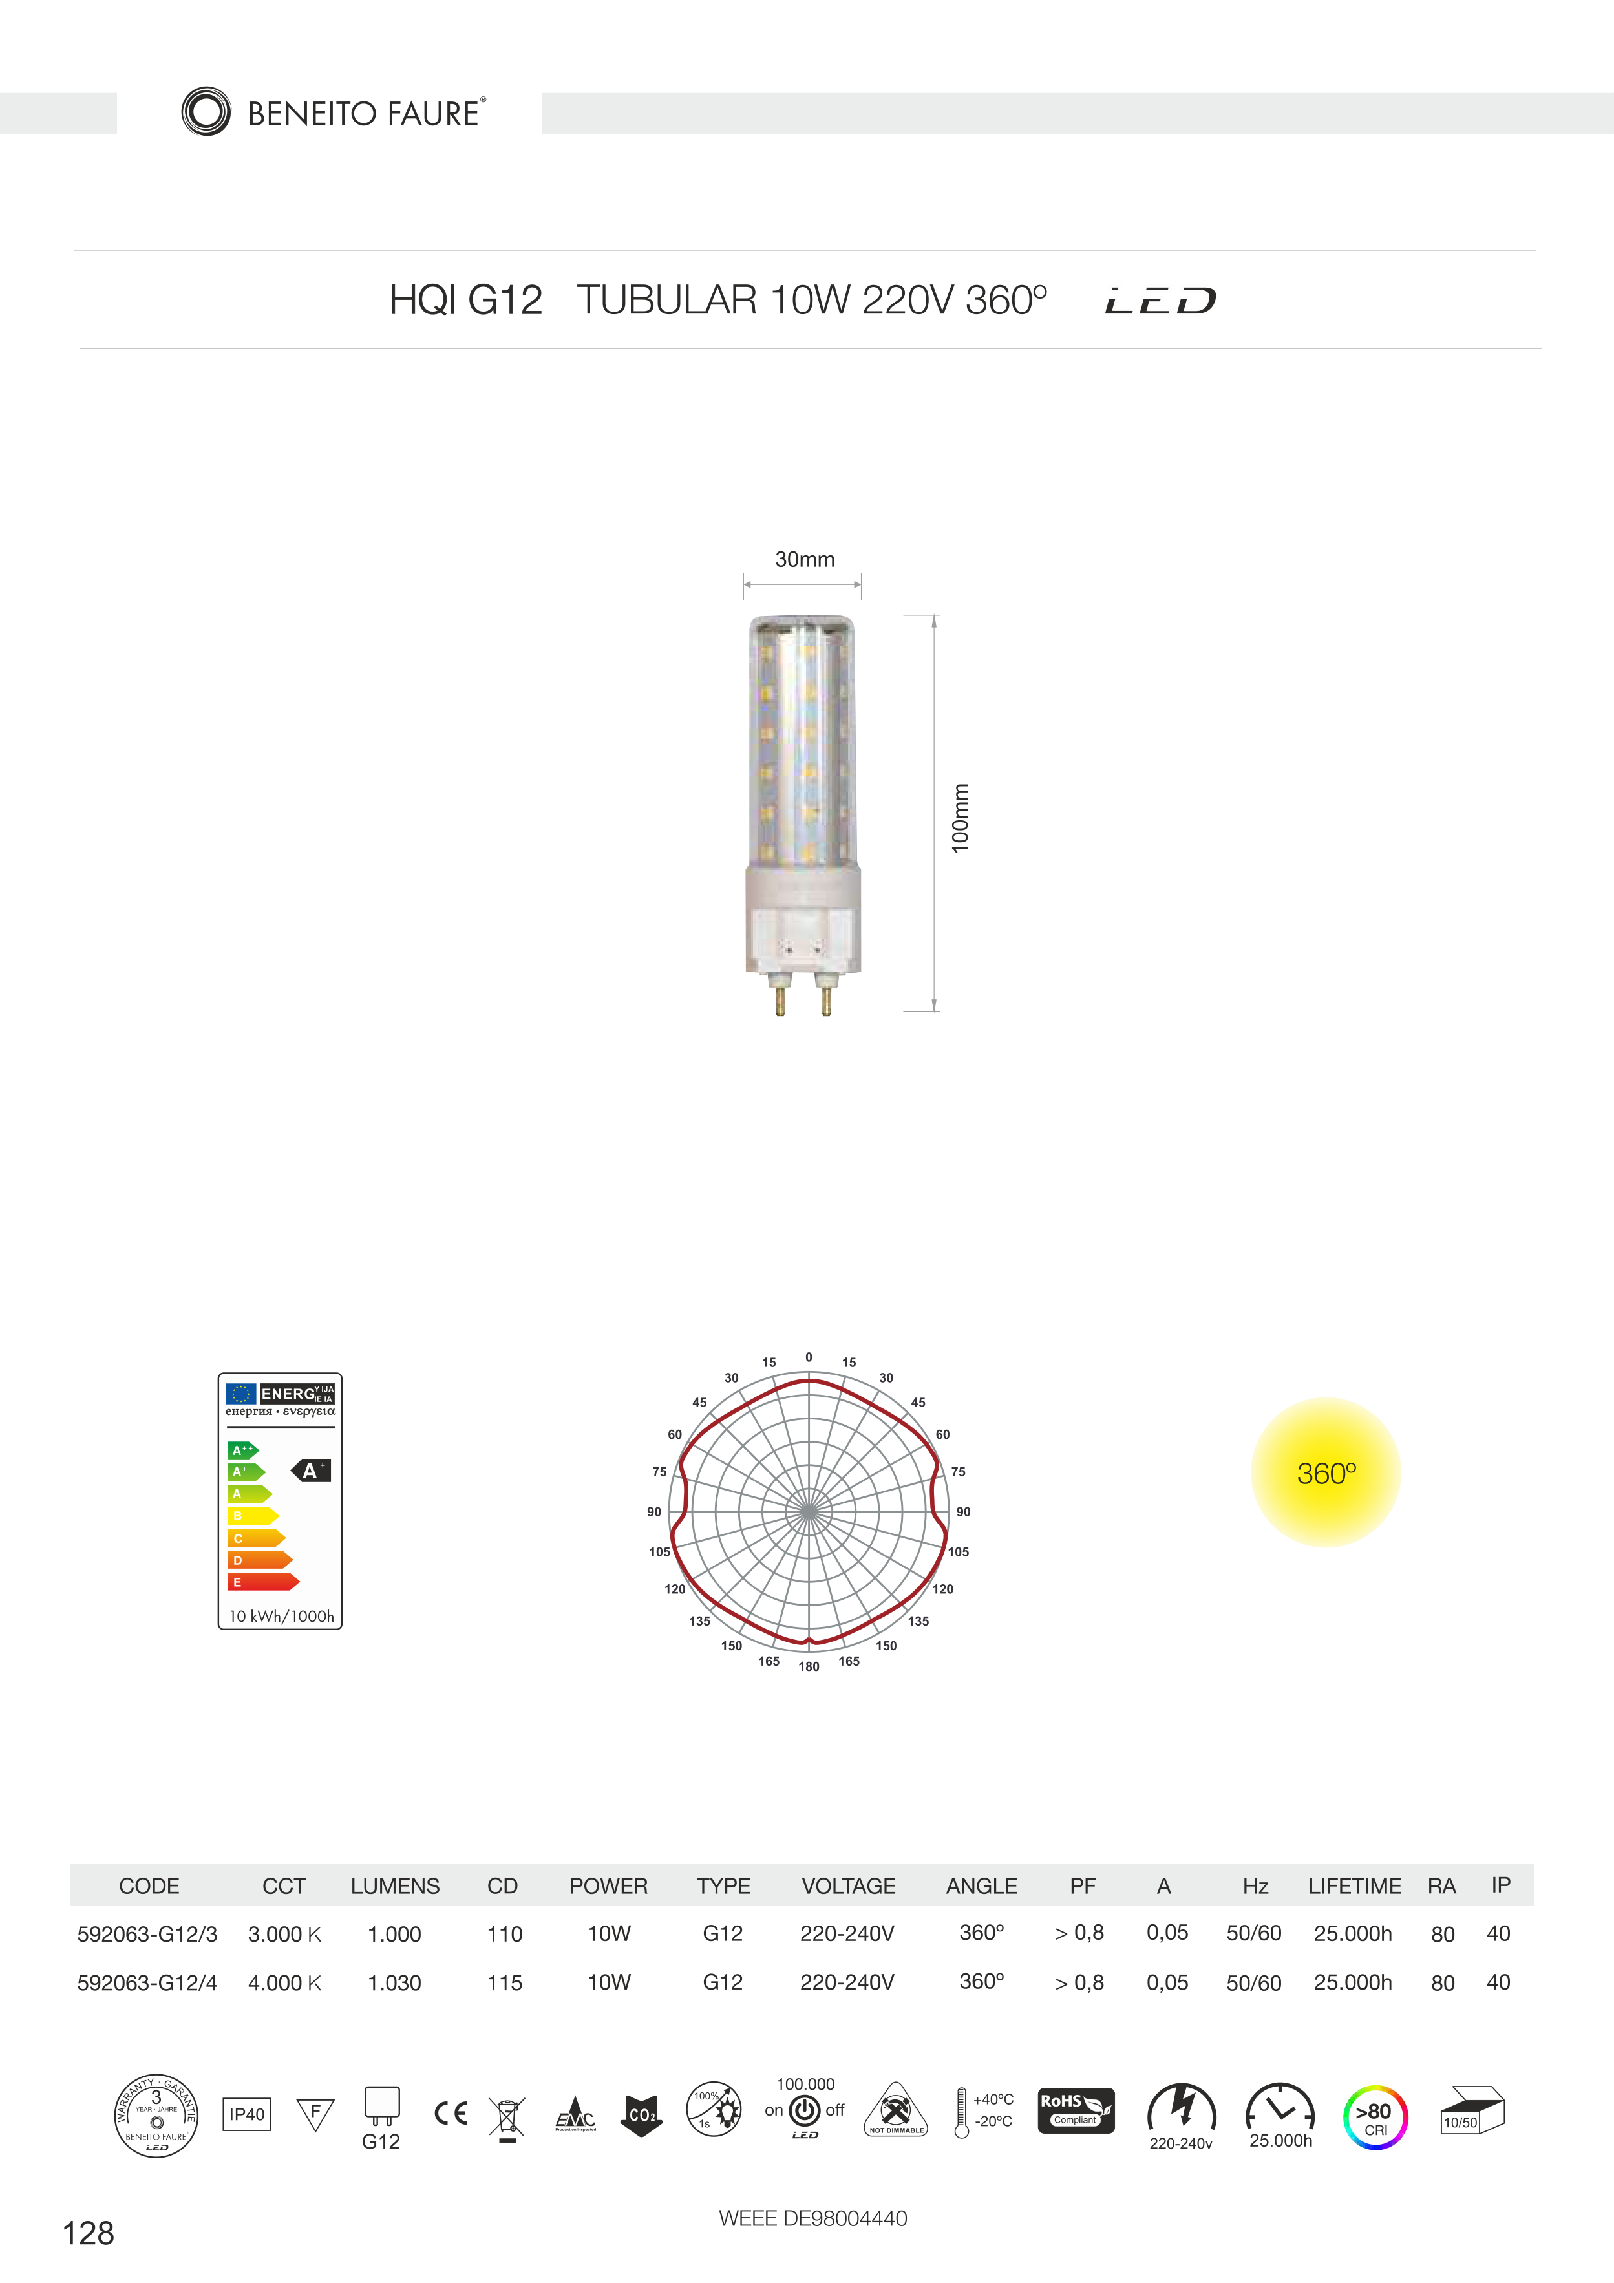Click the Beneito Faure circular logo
pos(206,111)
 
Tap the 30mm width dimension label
pos(805,560)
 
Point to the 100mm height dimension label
pos(960,818)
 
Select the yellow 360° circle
pos(1326,1472)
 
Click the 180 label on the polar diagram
pos(809,1666)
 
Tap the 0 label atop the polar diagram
pos(809,1357)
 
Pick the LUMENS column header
pos(395,1886)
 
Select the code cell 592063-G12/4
pos(147,1982)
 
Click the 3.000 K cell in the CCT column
pos(284,1934)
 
